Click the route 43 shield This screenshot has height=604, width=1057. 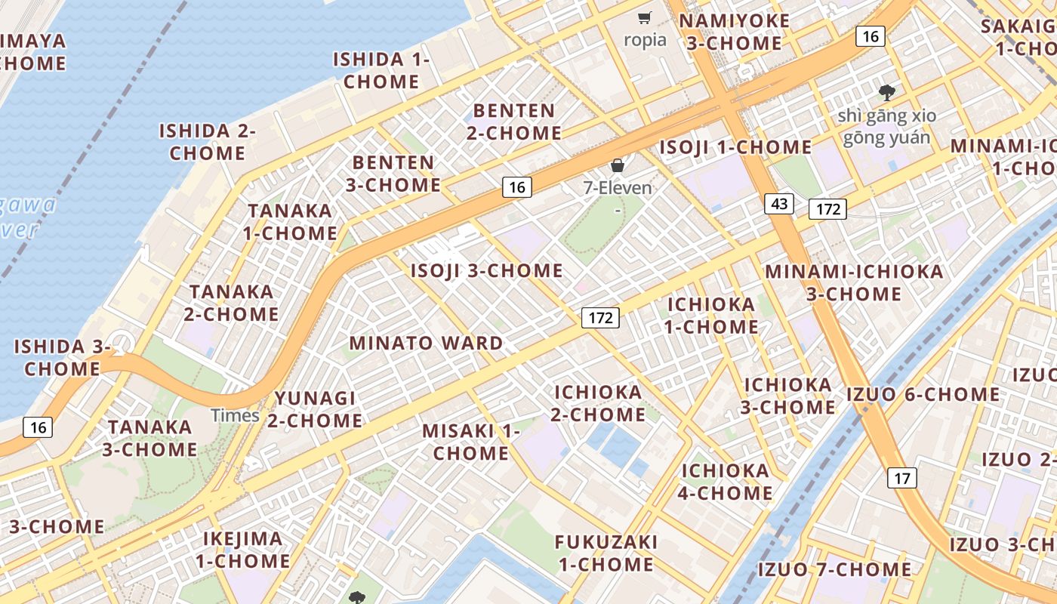tap(779, 203)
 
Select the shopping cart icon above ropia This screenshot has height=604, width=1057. tap(645, 18)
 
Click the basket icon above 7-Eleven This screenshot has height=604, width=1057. tap(618, 165)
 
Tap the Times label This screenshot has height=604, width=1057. tap(235, 415)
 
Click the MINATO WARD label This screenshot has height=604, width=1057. tap(426, 343)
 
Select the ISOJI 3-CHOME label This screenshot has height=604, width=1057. tap(486, 270)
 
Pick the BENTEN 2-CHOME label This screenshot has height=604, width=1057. tap(513, 122)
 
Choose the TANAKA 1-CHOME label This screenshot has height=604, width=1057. tap(290, 222)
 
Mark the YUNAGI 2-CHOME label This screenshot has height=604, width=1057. tap(315, 409)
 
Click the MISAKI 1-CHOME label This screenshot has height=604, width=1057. tap(471, 442)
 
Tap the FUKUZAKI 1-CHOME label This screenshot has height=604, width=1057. tap(606, 553)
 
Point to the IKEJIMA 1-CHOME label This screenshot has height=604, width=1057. tap(243, 550)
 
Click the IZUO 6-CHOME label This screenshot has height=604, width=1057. tap(923, 394)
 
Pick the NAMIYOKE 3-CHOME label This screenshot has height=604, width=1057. tap(734, 32)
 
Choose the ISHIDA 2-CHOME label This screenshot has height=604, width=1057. tap(207, 142)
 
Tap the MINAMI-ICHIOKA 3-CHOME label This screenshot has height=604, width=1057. tap(854, 282)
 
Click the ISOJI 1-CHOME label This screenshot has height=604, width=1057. tap(735, 147)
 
